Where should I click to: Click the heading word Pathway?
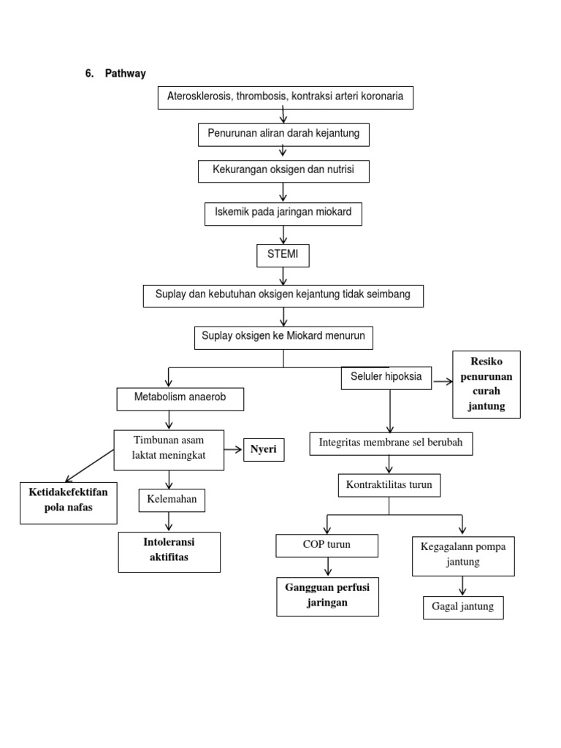(125, 74)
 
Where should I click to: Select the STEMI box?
(283, 256)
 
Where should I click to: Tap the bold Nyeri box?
(263, 450)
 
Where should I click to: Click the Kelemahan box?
(172, 500)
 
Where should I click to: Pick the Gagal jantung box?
(463, 607)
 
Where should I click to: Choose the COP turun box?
(327, 546)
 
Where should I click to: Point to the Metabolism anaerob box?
(180, 399)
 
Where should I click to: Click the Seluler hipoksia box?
(386, 378)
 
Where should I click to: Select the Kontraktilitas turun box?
(389, 485)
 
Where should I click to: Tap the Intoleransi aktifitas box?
(169, 552)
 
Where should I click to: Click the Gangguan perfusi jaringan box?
(327, 595)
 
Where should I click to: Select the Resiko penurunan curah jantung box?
(486, 384)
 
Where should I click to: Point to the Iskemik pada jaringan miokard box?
(283, 213)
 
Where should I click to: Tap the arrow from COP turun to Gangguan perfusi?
(328, 566)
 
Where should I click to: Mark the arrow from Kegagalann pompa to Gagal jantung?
(462, 585)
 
